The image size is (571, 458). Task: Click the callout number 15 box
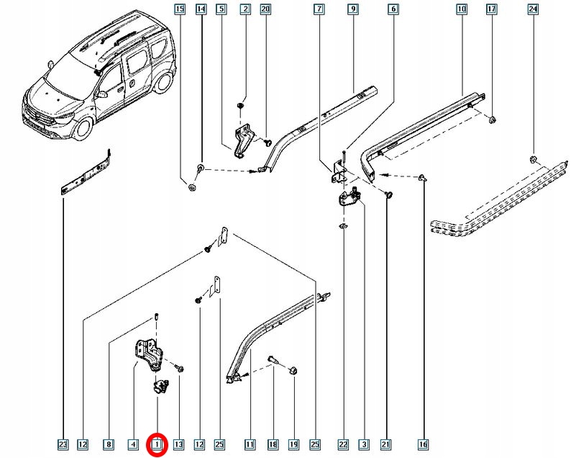pyautogui.click(x=180, y=9)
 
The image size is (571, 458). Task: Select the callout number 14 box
pyautogui.click(x=201, y=9)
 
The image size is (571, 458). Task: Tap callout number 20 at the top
pyautogui.click(x=265, y=9)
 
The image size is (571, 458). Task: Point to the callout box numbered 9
pyautogui.click(x=352, y=9)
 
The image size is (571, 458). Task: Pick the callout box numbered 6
pyautogui.click(x=393, y=9)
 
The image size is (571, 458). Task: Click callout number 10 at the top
pyautogui.click(x=461, y=9)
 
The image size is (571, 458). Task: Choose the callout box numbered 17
pyautogui.click(x=491, y=9)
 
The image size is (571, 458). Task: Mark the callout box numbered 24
pyautogui.click(x=533, y=9)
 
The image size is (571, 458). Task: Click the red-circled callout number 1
pyautogui.click(x=157, y=445)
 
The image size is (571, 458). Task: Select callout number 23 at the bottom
pyautogui.click(x=63, y=445)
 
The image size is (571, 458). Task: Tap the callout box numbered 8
pyautogui.click(x=109, y=445)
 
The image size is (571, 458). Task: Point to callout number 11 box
pyautogui.click(x=250, y=445)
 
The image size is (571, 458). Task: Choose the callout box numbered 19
pyautogui.click(x=294, y=445)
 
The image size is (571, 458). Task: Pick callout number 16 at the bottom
pyautogui.click(x=424, y=445)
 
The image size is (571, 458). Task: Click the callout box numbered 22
pyautogui.click(x=343, y=445)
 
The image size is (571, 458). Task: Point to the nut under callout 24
pyautogui.click(x=533, y=159)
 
